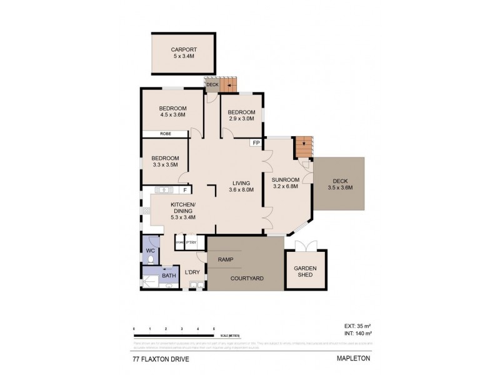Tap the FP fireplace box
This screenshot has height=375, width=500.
[256, 143]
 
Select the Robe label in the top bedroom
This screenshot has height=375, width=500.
[166, 134]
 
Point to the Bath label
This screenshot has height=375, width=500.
[169, 275]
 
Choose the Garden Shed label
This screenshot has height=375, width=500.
[306, 271]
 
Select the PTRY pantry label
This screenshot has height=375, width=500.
[191, 242]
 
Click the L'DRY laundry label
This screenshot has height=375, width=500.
[192, 272]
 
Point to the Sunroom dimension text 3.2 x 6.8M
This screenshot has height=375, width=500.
[286, 186]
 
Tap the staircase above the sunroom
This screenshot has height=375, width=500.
[304, 147]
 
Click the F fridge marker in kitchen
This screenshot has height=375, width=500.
[185, 190]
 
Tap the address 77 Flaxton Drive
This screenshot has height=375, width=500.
[159, 360]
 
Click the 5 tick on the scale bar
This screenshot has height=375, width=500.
[214, 329]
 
